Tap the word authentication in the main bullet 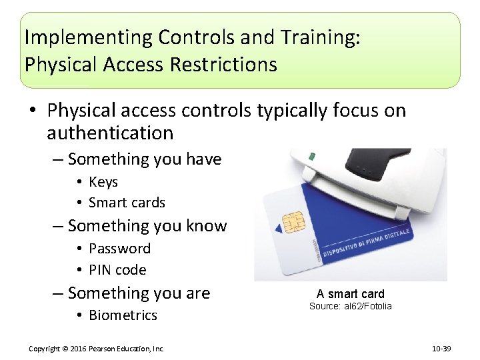[110, 133]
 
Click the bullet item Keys [103, 182]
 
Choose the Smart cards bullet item [127, 203]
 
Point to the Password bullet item [119, 249]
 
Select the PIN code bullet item [117, 270]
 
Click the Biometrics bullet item [123, 315]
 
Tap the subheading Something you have [144, 159]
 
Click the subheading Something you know [147, 226]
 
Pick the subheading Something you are [139, 293]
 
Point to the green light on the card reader [311, 157]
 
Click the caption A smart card [351, 294]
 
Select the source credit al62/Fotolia [351, 306]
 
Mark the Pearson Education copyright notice [97, 349]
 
